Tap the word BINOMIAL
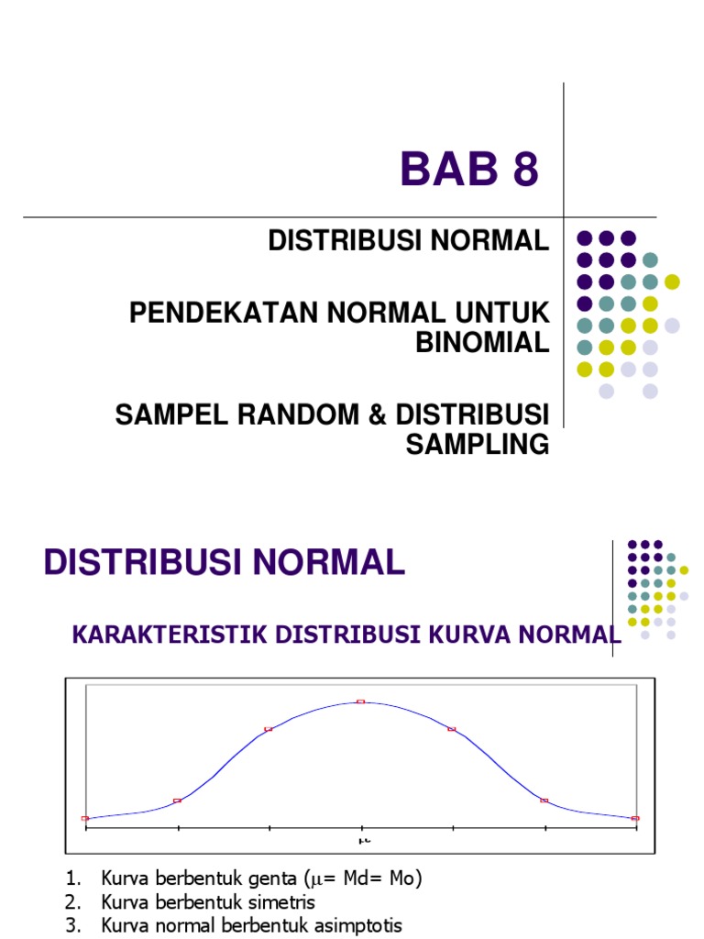coord(482,342)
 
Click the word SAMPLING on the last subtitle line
coord(477,445)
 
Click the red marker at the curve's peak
coord(360,701)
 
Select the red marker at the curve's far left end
coord(85,818)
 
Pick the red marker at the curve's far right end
coord(635,818)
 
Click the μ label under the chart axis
coord(363,839)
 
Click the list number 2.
coord(71,902)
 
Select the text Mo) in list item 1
coord(403,878)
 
